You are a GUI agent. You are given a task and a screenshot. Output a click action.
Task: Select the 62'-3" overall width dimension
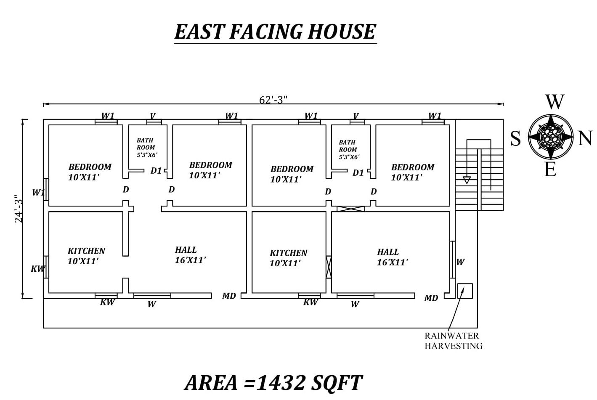point(273,100)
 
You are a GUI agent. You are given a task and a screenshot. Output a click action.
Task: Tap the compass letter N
point(585,138)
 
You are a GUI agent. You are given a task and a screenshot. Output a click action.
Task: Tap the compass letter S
point(515,138)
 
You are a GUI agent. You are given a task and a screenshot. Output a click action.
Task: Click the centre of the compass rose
point(550,137)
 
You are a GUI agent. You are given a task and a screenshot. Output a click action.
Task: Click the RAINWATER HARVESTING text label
point(453,341)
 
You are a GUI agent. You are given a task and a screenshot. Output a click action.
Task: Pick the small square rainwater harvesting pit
point(465,291)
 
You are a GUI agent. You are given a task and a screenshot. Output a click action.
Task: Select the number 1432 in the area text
point(281,383)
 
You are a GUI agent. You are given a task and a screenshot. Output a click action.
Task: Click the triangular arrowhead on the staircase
point(467,180)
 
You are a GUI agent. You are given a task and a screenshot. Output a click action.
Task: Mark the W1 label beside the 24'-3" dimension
point(38,192)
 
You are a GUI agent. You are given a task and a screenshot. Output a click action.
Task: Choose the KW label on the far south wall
point(37,268)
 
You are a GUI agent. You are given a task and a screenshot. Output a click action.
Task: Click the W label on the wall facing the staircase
point(460,262)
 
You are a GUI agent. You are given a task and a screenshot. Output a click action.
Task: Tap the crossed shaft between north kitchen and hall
point(329,267)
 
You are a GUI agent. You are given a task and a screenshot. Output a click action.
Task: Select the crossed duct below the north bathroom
point(350,209)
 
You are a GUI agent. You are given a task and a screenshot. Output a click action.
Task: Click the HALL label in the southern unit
point(186,250)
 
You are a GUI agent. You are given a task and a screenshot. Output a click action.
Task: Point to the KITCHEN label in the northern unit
point(288,253)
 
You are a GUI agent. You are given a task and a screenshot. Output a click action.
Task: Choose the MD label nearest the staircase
point(431,298)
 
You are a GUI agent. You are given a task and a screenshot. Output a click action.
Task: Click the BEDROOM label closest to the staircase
point(412,167)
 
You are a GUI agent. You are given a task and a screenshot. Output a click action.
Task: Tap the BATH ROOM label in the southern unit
point(145,144)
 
